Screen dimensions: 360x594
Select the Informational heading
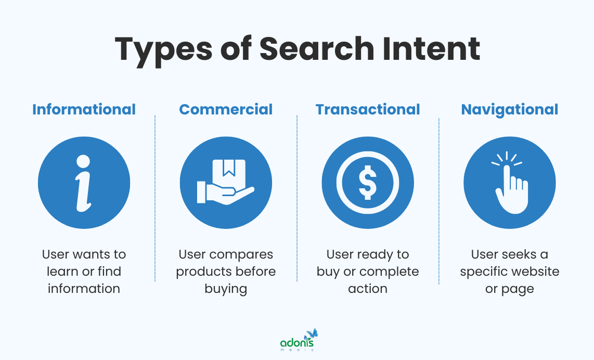click(x=84, y=109)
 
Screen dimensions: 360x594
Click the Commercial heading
click(x=226, y=109)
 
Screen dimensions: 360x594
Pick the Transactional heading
click(x=368, y=109)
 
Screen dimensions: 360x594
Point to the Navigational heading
click(x=510, y=109)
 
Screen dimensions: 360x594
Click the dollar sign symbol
click(x=368, y=183)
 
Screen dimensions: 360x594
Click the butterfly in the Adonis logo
click(x=312, y=333)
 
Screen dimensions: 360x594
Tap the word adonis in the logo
click(x=297, y=343)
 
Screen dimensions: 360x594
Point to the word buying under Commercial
click(x=226, y=288)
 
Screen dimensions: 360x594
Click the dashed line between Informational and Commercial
click(x=155, y=198)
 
